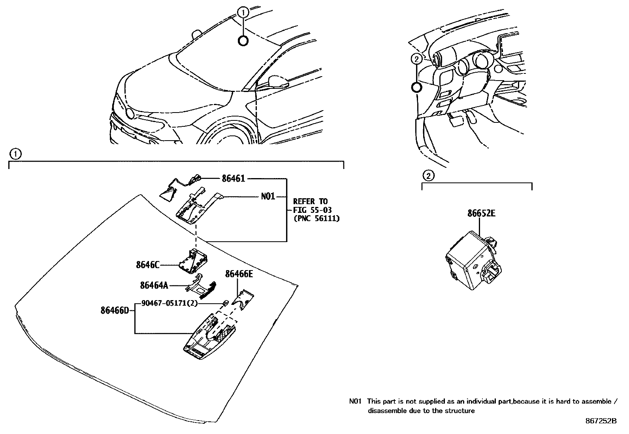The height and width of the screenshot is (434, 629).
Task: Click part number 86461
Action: pos(233,178)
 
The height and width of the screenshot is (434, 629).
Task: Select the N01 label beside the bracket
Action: pos(268,196)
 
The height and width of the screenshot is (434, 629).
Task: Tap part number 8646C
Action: pos(147,265)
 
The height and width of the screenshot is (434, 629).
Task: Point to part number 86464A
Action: pos(154,285)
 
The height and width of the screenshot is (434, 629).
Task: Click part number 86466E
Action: pos(239,274)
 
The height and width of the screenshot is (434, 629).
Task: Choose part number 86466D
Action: pos(115,310)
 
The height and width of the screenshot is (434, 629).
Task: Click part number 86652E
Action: pos(481,214)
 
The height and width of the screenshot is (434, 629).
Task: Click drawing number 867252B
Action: pos(601,421)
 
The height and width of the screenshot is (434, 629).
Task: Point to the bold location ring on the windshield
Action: pos(243,40)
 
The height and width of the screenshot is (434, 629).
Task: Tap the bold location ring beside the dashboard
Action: pos(416,88)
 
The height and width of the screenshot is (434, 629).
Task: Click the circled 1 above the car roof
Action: pos(243,13)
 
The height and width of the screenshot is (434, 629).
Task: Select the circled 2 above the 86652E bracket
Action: pos(428,176)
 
